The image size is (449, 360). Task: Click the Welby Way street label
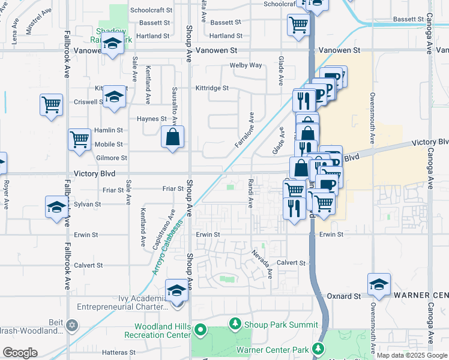pyautogui.click(x=246, y=65)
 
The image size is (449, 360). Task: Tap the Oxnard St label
pyautogui.click(x=344, y=296)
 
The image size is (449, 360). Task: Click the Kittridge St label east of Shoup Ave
pyautogui.click(x=212, y=88)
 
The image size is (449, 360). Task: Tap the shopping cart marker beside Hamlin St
pyautogui.click(x=79, y=139)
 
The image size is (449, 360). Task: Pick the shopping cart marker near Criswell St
pyautogui.click(x=52, y=104)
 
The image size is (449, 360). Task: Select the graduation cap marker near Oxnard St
pyautogui.click(x=379, y=284)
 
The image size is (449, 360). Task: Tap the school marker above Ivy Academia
pyautogui.click(x=177, y=290)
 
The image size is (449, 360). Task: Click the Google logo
pyautogui.click(x=20, y=353)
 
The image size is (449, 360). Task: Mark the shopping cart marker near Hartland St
pyautogui.click(x=298, y=25)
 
